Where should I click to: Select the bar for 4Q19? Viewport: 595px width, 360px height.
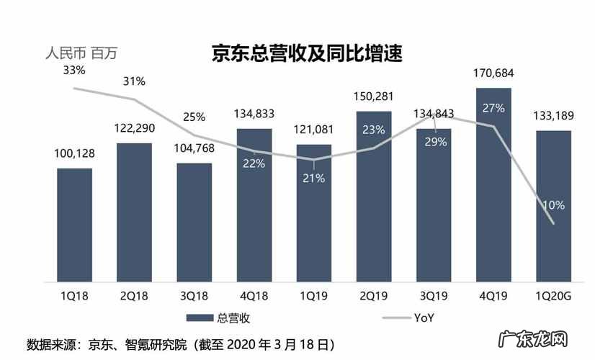point(493,187)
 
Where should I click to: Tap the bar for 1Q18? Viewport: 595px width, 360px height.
point(75,225)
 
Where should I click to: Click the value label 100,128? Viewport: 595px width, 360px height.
point(75,153)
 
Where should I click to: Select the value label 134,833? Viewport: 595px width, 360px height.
point(254,114)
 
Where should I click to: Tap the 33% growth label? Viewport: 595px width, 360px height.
point(74,71)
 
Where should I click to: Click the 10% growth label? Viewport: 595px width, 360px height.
point(553,204)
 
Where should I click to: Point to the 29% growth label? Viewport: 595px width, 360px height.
point(435,142)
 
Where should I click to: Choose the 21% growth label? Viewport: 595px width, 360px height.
point(314,178)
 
